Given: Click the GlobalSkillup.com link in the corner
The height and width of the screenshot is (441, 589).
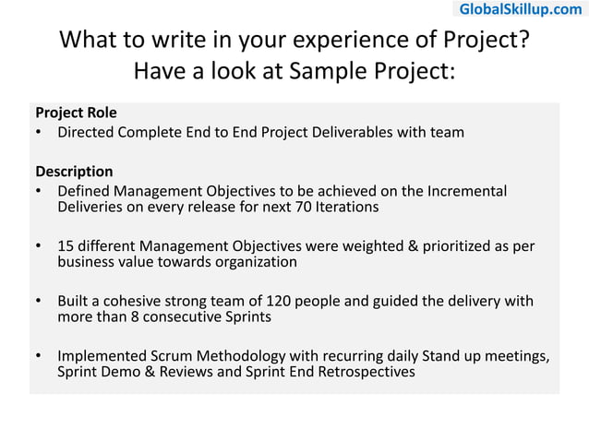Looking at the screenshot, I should point(521,9).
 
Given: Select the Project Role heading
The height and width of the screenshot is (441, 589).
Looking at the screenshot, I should point(76,113).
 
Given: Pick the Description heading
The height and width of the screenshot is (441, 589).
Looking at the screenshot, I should point(74,172).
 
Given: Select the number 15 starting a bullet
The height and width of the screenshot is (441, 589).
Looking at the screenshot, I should point(66,246).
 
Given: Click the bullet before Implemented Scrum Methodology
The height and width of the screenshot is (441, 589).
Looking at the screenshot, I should point(40,356).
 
